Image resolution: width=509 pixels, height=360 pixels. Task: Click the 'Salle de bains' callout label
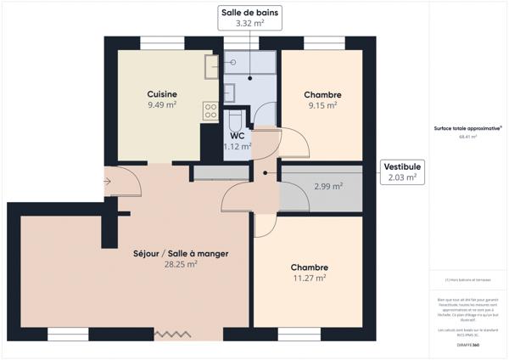[x=249, y=13]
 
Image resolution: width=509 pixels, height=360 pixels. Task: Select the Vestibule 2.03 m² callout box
[x=401, y=172]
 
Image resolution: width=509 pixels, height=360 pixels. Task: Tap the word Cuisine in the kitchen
[x=161, y=94]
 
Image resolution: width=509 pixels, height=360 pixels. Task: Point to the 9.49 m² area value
[x=161, y=105]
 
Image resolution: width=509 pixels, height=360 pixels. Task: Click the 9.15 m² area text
[x=322, y=105]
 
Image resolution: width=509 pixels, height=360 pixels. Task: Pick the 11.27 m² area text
[x=309, y=278]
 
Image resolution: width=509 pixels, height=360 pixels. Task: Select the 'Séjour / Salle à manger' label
[x=181, y=253]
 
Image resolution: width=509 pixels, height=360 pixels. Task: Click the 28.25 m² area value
[x=181, y=264]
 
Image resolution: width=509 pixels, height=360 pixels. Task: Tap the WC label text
[x=237, y=135]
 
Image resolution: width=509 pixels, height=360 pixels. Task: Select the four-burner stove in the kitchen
[x=210, y=109]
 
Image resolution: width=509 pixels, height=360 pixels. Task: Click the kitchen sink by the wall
[x=210, y=65]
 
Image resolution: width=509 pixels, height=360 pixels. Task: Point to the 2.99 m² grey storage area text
[x=327, y=187]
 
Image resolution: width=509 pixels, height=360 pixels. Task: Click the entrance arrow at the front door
[x=106, y=181]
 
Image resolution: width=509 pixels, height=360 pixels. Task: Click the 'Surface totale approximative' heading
[x=467, y=128]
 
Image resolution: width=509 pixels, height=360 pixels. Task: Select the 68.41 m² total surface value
[x=467, y=137]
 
